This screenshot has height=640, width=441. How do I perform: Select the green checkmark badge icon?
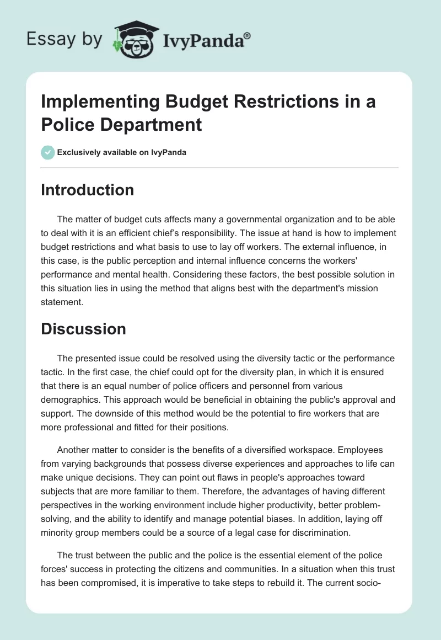click(x=48, y=152)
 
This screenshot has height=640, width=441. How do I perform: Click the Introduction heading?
click(x=88, y=190)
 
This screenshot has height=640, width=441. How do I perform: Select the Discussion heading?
click(x=84, y=329)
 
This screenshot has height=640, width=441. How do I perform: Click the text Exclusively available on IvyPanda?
click(x=122, y=152)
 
